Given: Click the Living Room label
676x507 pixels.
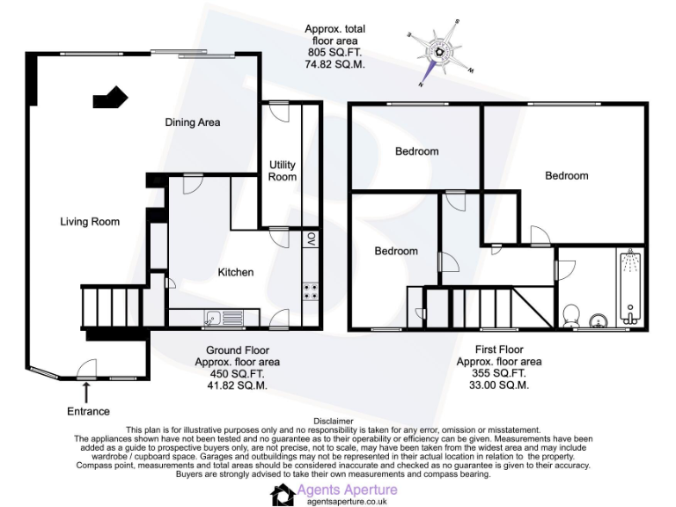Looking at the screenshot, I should (x=90, y=222).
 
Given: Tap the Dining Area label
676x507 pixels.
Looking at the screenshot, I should (x=193, y=122).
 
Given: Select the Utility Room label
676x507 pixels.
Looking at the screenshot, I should (x=283, y=171).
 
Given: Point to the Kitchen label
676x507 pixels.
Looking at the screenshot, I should (x=236, y=272).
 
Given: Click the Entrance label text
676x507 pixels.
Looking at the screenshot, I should (x=89, y=411).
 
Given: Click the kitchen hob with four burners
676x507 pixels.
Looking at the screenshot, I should (x=311, y=291).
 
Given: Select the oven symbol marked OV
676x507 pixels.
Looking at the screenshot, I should (x=311, y=239).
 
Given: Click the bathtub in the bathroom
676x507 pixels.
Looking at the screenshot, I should (x=628, y=287).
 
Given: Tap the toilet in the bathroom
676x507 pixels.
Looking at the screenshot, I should (x=571, y=315).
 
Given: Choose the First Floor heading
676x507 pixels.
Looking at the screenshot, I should (x=498, y=349).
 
